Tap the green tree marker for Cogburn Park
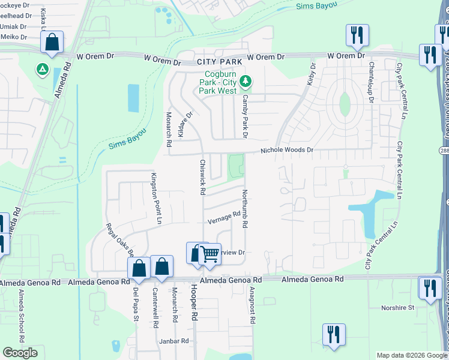[245, 81]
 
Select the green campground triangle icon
[43, 70]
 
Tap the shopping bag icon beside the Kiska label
[52, 43]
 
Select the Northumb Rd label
[245, 209]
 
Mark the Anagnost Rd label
[252, 305]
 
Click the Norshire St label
[398, 308]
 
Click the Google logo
[20, 353]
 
